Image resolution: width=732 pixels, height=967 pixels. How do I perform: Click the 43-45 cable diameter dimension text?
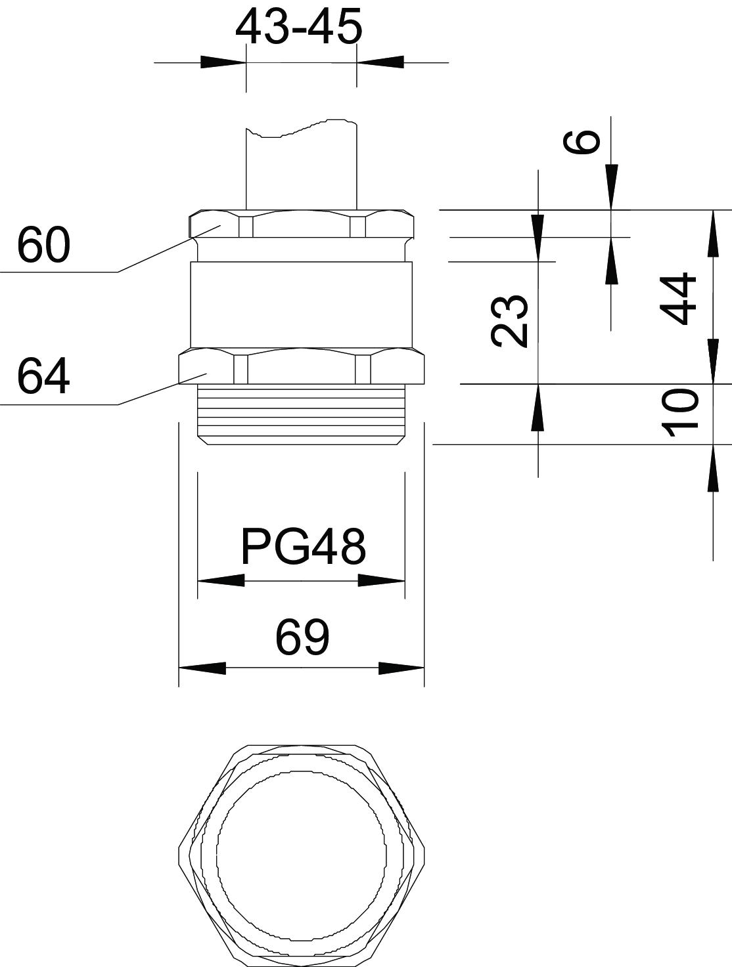298,27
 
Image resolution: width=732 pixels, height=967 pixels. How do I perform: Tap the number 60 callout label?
43,244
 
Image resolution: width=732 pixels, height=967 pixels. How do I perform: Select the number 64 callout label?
43,376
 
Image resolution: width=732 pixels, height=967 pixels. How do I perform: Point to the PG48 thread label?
304,547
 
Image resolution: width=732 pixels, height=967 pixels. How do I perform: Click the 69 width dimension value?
302,637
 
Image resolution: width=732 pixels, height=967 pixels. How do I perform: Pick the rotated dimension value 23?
509,321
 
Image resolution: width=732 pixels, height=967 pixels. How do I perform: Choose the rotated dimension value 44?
677,299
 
